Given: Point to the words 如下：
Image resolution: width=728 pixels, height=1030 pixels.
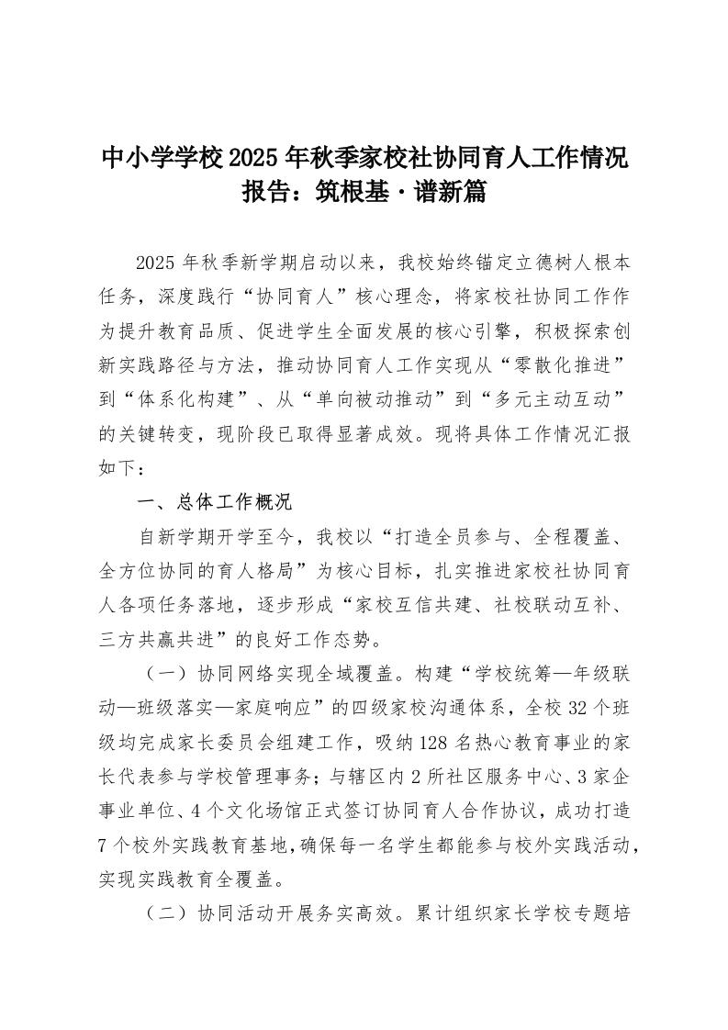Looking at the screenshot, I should click(120, 469).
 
